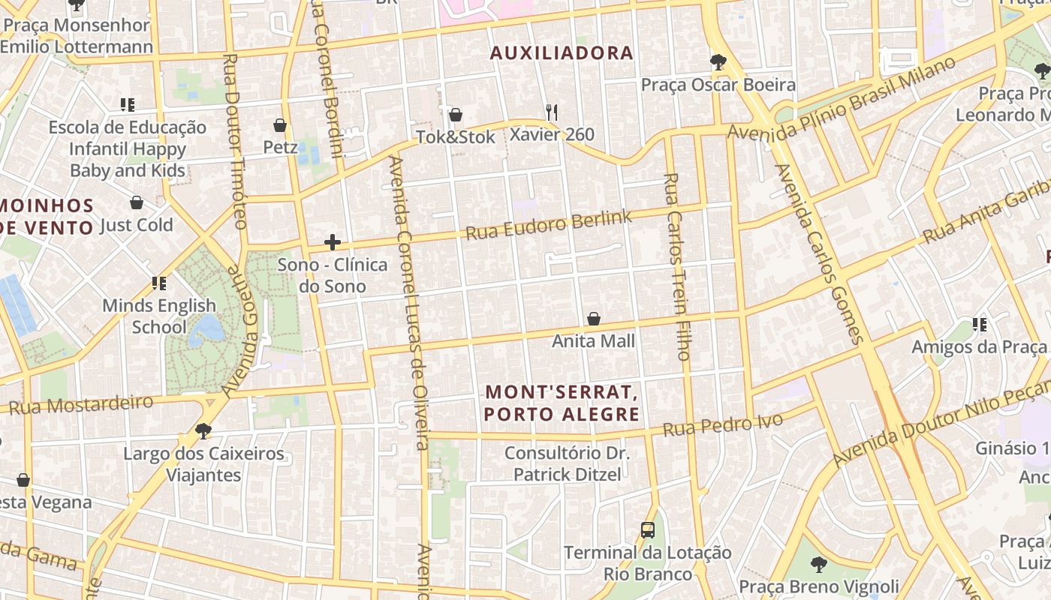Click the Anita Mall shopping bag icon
coord(593,319)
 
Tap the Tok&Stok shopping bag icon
coord(455,115)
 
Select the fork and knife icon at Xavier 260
coord(552,112)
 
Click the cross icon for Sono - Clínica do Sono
coord(332,242)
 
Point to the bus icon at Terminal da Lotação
coord(647,530)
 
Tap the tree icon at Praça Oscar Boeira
coord(718,62)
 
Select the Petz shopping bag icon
coord(280,124)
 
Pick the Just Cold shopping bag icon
coord(136,202)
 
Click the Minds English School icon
coord(158,283)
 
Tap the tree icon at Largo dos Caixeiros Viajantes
coord(203,431)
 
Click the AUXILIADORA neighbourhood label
coord(562,53)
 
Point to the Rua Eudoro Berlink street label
coord(549,224)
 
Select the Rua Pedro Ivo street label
coord(723,425)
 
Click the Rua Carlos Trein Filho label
coord(676,266)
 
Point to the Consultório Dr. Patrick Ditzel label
coord(567,463)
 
